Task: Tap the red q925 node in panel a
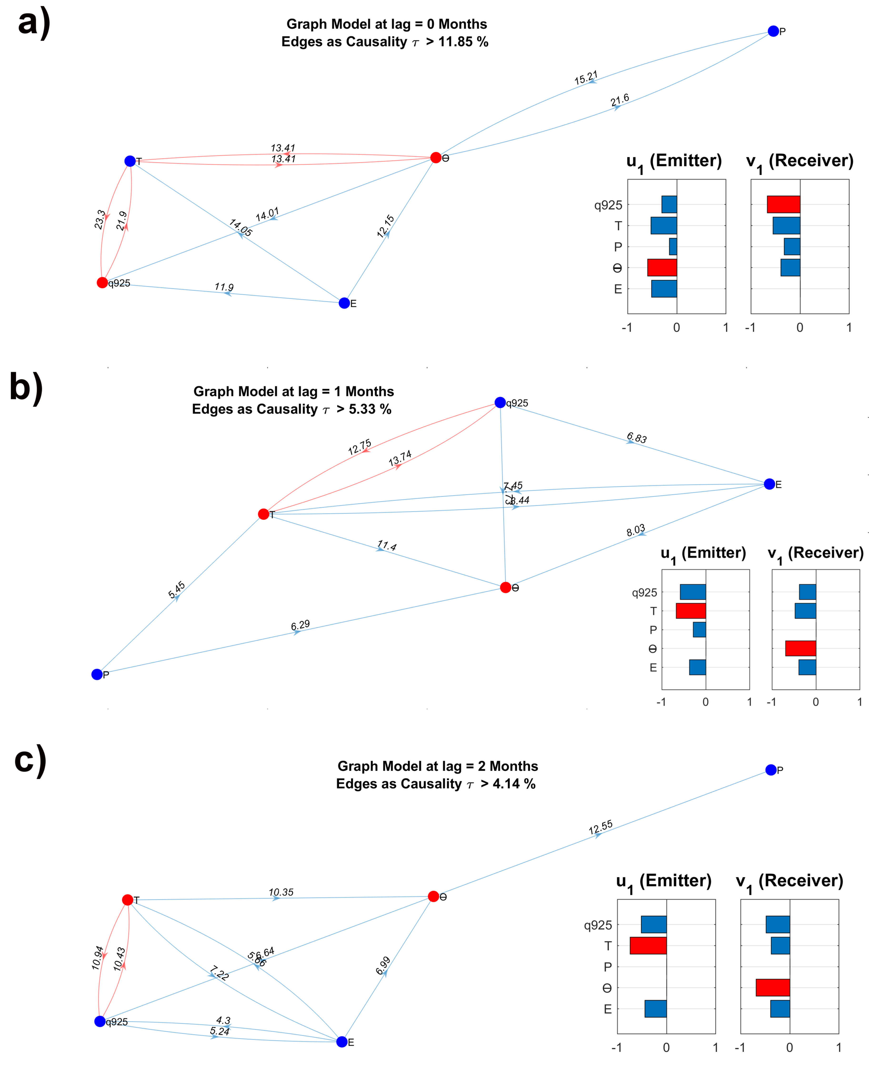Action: coord(102,283)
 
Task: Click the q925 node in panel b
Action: coord(499,402)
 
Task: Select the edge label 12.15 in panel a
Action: coord(385,226)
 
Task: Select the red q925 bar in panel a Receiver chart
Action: coord(783,204)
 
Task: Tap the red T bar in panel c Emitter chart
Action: coord(648,946)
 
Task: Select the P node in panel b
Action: coord(97,674)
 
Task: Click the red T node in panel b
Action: coord(263,514)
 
